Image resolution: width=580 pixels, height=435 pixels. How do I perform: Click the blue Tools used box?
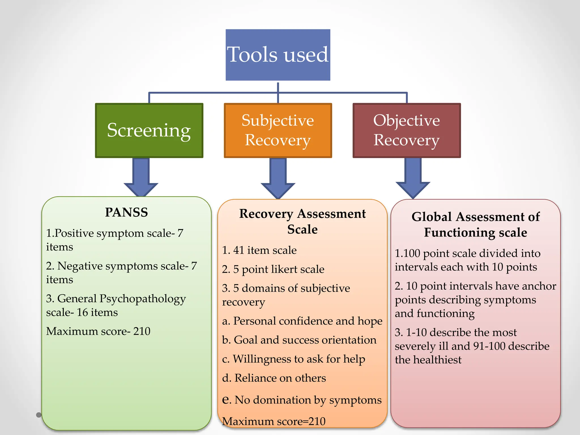[x=278, y=55]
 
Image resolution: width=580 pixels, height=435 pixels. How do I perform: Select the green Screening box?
[x=149, y=130]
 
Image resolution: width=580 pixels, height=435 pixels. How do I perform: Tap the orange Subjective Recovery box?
[x=278, y=130]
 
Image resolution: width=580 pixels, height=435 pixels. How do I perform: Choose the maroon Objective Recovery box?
[x=407, y=130]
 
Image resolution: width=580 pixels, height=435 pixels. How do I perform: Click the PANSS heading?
[x=126, y=212]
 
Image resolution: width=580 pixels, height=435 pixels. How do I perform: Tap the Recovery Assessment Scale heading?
[x=302, y=221]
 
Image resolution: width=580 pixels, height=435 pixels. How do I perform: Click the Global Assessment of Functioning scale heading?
[x=475, y=224]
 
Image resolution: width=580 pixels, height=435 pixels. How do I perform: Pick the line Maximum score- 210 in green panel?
[x=98, y=331]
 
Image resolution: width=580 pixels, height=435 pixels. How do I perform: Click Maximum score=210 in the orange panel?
[x=274, y=421]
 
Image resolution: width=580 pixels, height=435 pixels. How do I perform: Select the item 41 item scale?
[x=259, y=250]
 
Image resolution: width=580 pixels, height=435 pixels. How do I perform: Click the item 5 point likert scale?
[x=273, y=269]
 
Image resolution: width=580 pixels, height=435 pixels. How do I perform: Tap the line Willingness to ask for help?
[x=293, y=359]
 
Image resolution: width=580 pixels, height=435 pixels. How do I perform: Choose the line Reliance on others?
[x=274, y=378]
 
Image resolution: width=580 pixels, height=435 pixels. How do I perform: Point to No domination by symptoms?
[x=302, y=400]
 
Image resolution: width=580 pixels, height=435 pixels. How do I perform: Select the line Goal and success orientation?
[x=299, y=340]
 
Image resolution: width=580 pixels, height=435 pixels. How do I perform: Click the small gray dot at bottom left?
[x=39, y=415]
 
